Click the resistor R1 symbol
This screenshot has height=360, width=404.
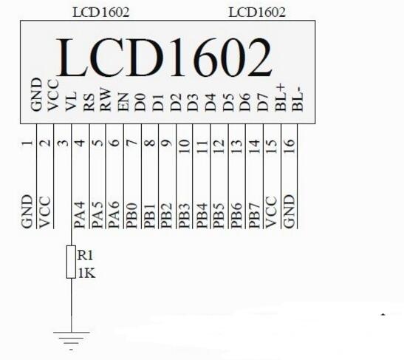(x=71, y=262)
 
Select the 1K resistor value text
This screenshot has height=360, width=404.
(x=86, y=274)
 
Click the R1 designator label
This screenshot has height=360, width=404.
(x=85, y=255)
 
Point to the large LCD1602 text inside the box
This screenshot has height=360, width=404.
(x=164, y=57)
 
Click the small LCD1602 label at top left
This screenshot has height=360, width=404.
(x=100, y=12)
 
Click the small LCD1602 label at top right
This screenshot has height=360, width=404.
(x=257, y=12)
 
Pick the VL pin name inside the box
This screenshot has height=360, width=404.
(x=71, y=101)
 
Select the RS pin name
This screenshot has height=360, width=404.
(x=89, y=103)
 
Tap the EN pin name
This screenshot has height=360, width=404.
(x=123, y=102)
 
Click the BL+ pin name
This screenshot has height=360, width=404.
(x=281, y=98)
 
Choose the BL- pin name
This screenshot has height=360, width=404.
(x=298, y=99)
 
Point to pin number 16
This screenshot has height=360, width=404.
(x=289, y=146)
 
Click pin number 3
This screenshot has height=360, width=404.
(x=63, y=143)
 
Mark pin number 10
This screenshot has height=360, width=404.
(x=185, y=146)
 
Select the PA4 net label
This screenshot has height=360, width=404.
(x=80, y=215)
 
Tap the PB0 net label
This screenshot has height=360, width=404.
(x=131, y=216)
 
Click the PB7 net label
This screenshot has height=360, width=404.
(x=254, y=216)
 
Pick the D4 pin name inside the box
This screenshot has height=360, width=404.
(x=210, y=103)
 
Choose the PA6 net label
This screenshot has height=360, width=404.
(x=114, y=215)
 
